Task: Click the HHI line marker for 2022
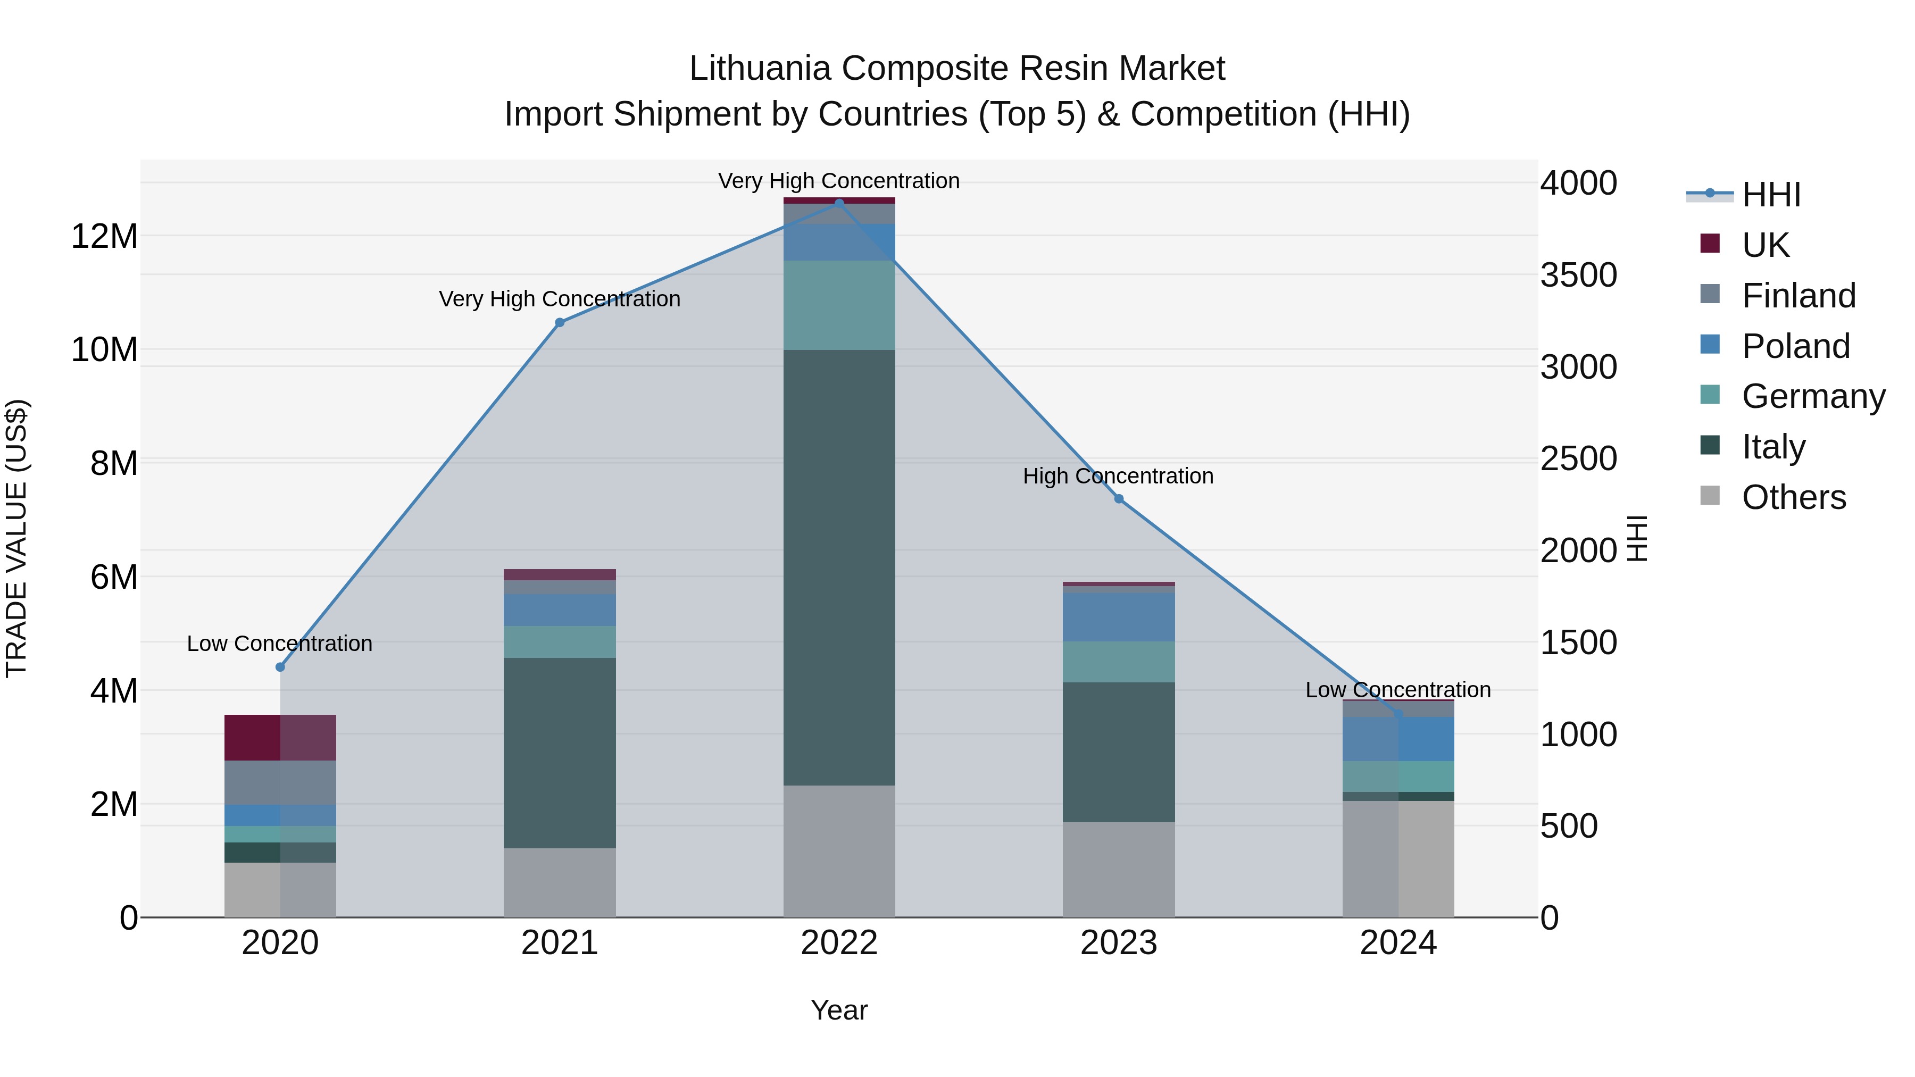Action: click(839, 203)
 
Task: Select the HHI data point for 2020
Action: click(280, 667)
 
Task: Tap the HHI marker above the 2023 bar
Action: click(1119, 499)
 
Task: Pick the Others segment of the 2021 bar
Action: click(560, 882)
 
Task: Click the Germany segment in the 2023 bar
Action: click(1119, 662)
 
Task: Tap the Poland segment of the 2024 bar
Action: click(1398, 739)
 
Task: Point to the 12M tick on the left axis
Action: click(104, 236)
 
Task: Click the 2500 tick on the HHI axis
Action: click(1578, 458)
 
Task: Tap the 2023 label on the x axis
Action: click(1119, 943)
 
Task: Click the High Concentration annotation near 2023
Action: click(1118, 475)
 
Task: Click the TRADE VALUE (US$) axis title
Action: click(16, 538)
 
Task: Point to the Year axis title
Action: click(839, 1010)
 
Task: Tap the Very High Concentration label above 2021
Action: click(559, 299)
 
